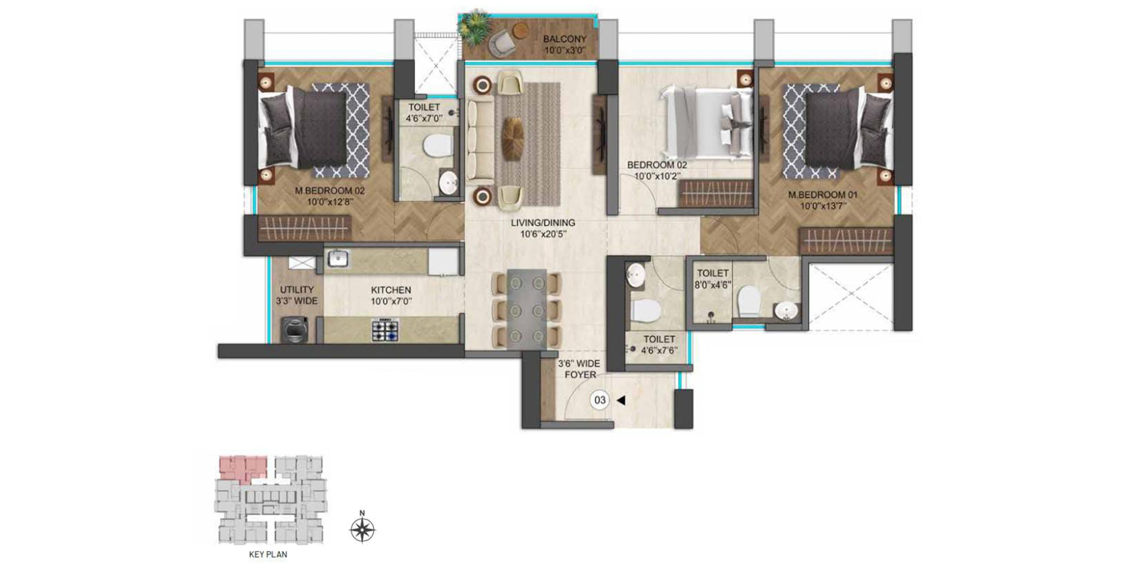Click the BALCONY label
pos(565,39)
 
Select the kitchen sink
pos(339,259)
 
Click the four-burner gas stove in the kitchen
pos(385,331)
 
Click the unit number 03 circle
pos(600,401)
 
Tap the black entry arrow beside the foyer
pos(621,401)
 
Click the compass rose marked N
pos(363,529)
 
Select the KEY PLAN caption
pos(269,554)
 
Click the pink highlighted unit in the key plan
pos(242,467)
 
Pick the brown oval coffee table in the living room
pos(513,139)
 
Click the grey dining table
pos(526,310)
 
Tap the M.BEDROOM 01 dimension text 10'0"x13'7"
pos(824,206)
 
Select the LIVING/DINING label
pos(543,223)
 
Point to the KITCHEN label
pos(391,290)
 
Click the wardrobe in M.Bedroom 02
pos(305,228)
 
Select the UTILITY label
pos(297,290)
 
